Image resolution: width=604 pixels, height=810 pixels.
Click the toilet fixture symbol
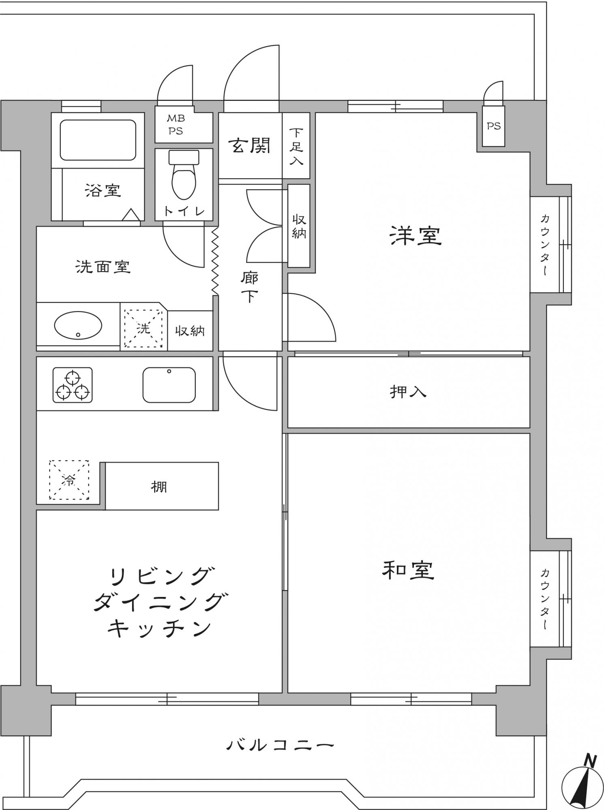184,175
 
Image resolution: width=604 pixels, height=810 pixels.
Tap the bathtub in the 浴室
98,140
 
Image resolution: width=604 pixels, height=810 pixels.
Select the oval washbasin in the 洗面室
78,325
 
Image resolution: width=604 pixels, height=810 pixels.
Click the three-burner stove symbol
73,385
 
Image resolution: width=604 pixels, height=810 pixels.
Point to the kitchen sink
169,385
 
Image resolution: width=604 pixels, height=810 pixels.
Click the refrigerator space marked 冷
69,480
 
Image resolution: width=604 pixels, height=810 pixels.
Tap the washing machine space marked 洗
144,328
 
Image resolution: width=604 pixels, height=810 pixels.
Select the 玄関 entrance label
249,145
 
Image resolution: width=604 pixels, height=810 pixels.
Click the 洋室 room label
416,236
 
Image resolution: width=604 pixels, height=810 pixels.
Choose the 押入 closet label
408,392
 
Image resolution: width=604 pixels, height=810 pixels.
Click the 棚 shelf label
159,486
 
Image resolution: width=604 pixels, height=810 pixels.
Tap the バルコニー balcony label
280,744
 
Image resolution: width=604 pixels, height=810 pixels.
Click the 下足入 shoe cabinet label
296,147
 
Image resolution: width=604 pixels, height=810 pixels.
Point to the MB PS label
176,125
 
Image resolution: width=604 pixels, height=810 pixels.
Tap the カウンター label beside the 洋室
545,245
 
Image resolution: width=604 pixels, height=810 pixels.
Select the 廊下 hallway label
249,288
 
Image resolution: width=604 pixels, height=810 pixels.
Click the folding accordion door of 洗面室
215,261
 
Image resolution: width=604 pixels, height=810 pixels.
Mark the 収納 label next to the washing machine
190,331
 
